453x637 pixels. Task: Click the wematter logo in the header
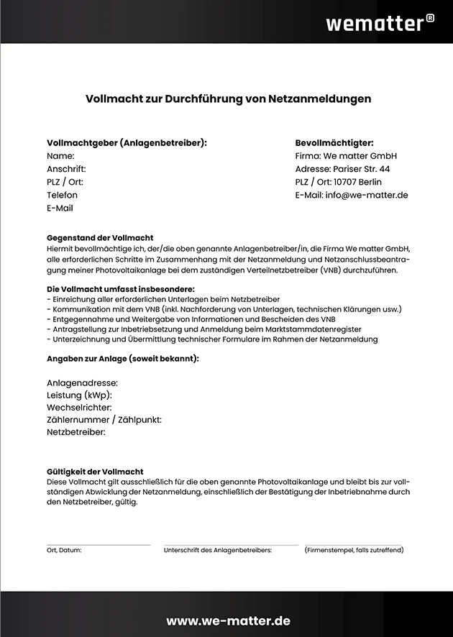tap(374, 23)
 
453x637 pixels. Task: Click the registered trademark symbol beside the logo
tap(430, 18)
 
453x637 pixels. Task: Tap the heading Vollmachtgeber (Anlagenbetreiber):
tap(127, 142)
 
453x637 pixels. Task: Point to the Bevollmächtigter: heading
tap(334, 142)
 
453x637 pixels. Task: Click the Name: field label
tap(60, 156)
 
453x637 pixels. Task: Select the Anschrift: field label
tap(66, 169)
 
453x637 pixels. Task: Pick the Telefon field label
tap(62, 195)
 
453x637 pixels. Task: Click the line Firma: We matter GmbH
tap(346, 156)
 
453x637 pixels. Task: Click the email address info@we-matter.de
tap(367, 195)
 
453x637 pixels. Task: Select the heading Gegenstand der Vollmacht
tap(100, 237)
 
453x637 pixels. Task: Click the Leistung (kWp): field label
tap(79, 395)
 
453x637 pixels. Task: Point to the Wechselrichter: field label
tap(79, 408)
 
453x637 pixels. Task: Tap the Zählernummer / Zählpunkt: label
tap(104, 420)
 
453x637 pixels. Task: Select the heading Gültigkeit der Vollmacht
tap(95, 472)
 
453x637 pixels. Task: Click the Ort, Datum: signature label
tap(64, 550)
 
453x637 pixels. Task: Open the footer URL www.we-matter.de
tap(228, 620)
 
